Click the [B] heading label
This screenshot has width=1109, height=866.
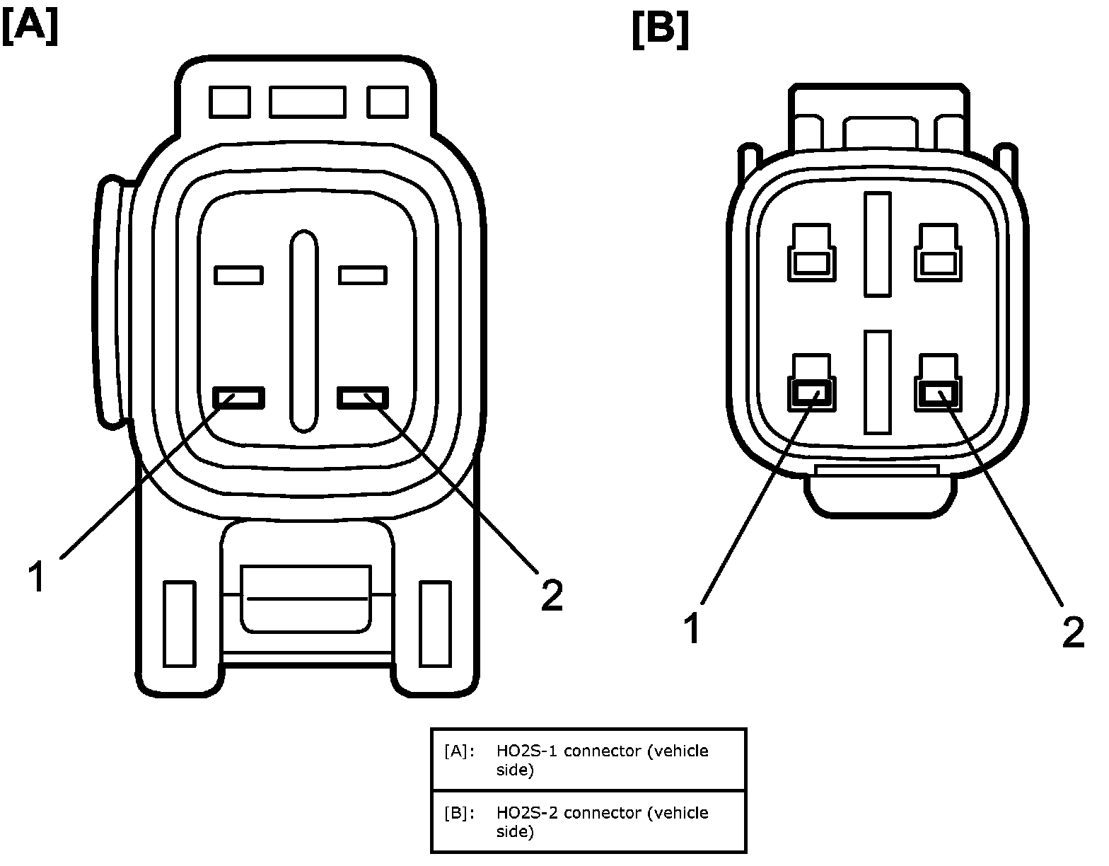coord(661,30)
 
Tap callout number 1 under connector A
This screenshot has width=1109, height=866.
coord(36,576)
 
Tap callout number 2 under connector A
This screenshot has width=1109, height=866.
coord(552,594)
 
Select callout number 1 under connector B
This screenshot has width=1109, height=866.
coord(692,629)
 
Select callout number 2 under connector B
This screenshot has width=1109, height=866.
coord(1073,633)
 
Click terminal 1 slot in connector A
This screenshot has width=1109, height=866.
coord(238,398)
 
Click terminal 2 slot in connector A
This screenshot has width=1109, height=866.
coord(363,398)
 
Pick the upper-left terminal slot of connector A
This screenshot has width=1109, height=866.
coord(238,275)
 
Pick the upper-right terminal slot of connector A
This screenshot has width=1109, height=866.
coord(363,275)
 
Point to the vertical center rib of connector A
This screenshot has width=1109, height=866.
coord(303,331)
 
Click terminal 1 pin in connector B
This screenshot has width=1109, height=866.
coord(811,393)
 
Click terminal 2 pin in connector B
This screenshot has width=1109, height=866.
coord(938,393)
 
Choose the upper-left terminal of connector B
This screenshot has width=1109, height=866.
coord(811,253)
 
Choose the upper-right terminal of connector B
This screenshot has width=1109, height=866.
coord(938,253)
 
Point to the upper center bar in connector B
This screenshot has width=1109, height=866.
coord(877,244)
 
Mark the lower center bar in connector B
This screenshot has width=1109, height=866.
coord(877,382)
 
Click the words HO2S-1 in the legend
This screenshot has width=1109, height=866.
coord(528,751)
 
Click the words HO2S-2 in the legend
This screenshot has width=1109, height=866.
coord(528,812)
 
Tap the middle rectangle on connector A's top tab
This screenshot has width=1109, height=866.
coord(307,102)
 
